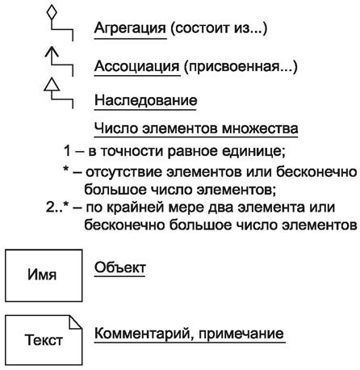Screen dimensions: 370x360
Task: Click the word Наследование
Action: pyautogui.click(x=146, y=101)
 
